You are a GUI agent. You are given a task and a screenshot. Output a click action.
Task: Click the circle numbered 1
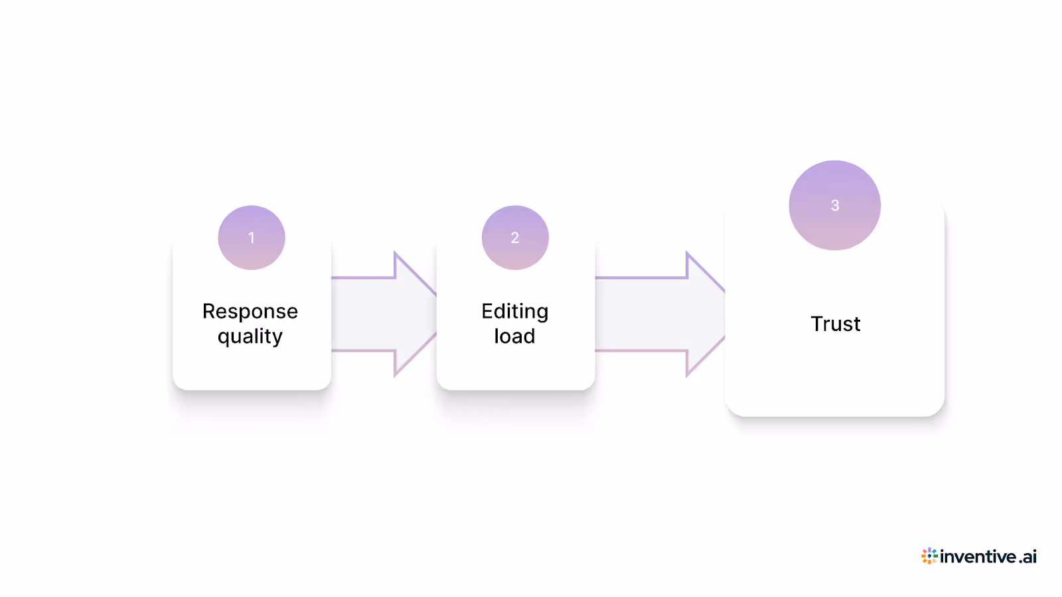pos(252,237)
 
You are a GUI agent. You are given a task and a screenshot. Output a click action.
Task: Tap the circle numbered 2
pos(515,237)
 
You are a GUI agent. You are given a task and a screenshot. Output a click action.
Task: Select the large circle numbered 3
pos(834,206)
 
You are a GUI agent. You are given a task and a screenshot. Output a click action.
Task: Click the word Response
pos(250,311)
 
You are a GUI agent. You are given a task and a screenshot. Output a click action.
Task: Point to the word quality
pos(250,337)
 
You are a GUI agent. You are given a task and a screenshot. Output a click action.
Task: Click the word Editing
pos(515,311)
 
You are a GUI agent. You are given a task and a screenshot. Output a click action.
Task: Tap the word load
pos(514,336)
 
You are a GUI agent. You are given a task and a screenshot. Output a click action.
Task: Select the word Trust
pos(835,324)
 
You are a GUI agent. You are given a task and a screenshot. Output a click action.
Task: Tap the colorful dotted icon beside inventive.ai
pos(929,556)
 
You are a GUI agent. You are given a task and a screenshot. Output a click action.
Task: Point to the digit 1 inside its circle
pos(252,237)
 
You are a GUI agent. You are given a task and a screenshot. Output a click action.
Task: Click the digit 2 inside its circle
pos(515,237)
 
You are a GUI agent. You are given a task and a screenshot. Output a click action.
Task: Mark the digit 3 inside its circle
pos(835,206)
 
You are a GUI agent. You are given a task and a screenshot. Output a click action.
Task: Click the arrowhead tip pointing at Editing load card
pos(433,314)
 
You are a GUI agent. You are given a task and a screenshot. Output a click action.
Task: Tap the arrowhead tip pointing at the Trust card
pos(722,314)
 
